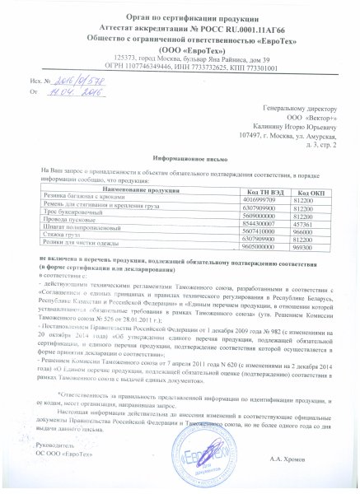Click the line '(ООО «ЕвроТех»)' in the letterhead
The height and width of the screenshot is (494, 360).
(x=180, y=49)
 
